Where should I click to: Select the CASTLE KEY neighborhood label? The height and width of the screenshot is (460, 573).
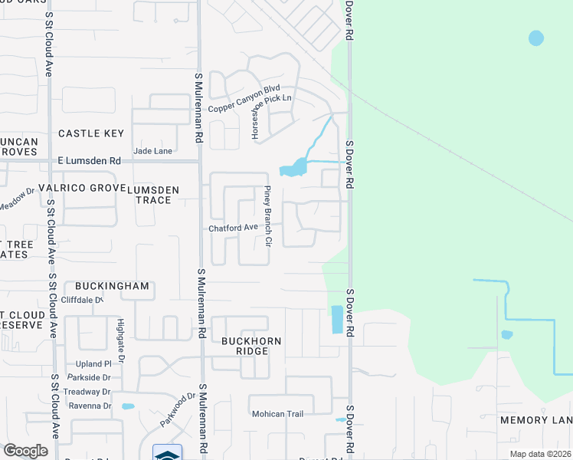(x=91, y=133)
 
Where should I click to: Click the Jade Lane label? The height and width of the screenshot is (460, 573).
(x=152, y=151)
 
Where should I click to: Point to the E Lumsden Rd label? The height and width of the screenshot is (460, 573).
(x=90, y=161)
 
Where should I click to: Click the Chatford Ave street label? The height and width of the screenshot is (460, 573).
(x=234, y=228)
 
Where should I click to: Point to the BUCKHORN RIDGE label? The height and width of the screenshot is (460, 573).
(x=252, y=346)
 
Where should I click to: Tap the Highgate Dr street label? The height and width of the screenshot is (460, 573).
(x=120, y=337)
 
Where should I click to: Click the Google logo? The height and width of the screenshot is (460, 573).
(x=25, y=451)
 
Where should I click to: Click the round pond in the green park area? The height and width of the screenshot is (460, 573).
(x=536, y=38)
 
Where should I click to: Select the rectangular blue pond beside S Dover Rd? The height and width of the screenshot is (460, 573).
(x=337, y=320)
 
